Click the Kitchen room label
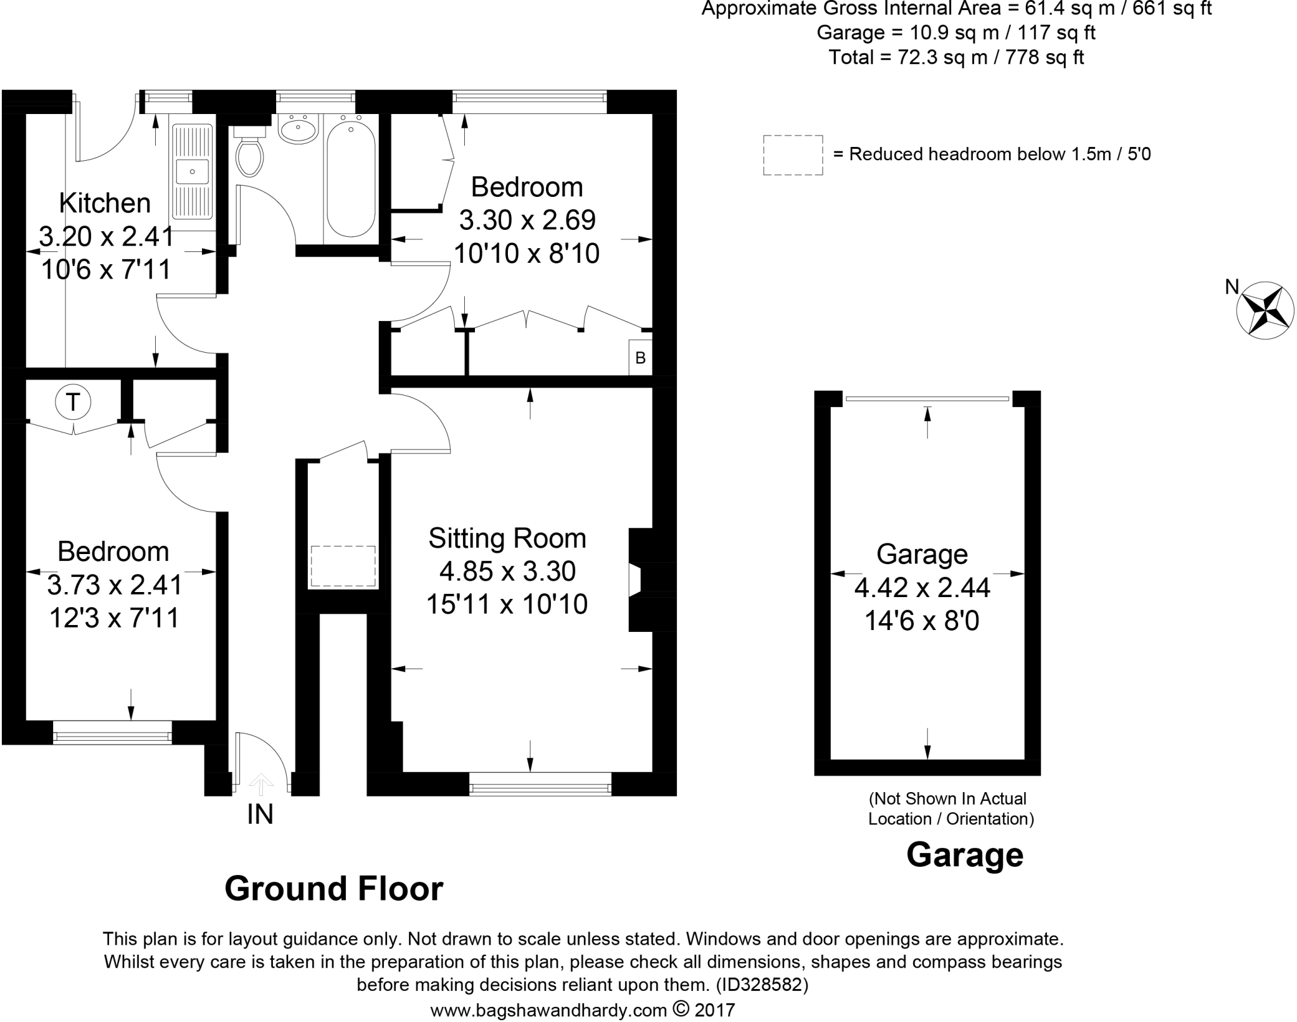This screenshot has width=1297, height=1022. [x=105, y=203]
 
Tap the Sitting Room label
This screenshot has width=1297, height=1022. [x=507, y=538]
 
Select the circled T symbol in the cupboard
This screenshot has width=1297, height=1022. [x=73, y=401]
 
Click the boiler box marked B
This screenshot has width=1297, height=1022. [x=640, y=358]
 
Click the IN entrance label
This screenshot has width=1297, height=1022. [x=260, y=814]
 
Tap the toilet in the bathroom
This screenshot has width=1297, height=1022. [x=249, y=151]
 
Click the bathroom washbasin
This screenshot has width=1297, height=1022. [x=298, y=130]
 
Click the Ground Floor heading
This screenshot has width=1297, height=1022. [x=334, y=888]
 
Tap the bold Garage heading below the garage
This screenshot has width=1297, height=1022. [x=965, y=855]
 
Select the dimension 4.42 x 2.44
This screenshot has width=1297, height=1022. [x=922, y=588]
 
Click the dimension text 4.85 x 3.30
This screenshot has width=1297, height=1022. [x=507, y=571]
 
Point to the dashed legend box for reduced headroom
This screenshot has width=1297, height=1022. [x=793, y=155]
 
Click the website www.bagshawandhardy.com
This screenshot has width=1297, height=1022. [x=548, y=1010]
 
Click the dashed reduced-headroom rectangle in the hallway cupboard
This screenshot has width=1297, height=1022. [x=343, y=566]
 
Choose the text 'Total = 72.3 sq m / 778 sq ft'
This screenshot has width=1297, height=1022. [x=956, y=58]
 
